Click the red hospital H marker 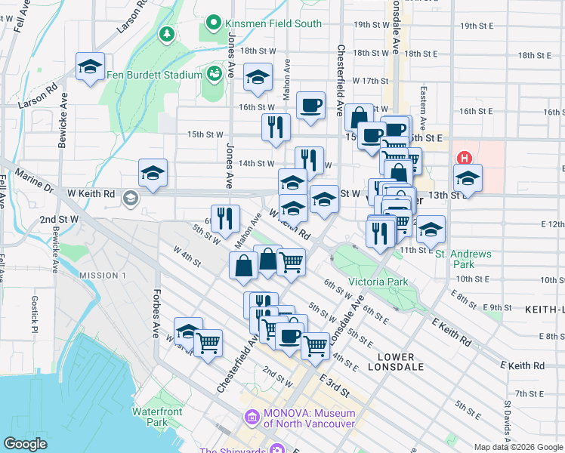click(x=465, y=159)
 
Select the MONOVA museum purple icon click(x=252, y=417)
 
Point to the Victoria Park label click(x=378, y=282)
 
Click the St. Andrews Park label click(x=463, y=259)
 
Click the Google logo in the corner click(x=25, y=444)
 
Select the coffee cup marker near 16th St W click(x=310, y=105)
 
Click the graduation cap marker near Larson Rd click(x=90, y=66)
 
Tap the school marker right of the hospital click(x=468, y=179)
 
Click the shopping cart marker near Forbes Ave click(x=208, y=342)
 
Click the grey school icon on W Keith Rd click(x=130, y=198)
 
